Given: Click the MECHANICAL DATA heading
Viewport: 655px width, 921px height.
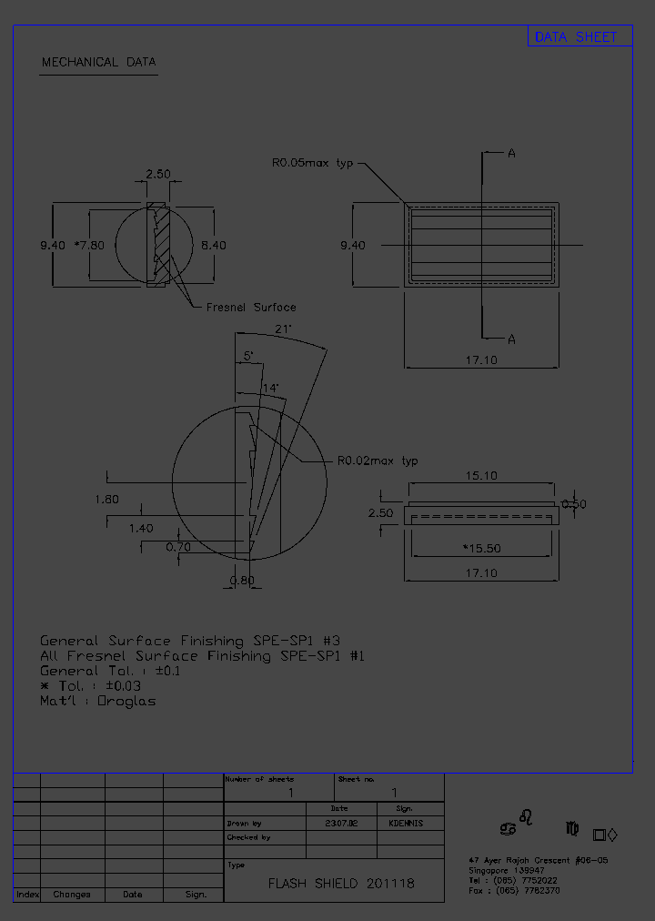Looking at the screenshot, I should point(98,63).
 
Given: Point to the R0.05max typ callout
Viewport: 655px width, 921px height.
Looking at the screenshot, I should point(312,163).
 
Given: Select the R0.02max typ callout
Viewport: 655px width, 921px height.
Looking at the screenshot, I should point(378,461).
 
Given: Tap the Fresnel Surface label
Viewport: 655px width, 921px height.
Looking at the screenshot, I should point(251,308).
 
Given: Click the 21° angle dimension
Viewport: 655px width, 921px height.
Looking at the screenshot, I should point(282,329).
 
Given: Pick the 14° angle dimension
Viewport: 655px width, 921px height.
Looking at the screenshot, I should point(270,388).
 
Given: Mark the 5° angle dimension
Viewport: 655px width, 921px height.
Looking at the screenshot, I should point(248,356).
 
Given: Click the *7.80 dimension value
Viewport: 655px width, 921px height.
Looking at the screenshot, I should point(89,246).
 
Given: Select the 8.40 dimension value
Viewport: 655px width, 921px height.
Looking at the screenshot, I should point(213,246).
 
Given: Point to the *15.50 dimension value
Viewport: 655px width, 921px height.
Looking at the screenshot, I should point(481,549).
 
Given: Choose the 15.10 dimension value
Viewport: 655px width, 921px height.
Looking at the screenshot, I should point(480,475).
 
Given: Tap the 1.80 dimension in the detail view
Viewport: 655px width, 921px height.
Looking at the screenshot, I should point(106,499).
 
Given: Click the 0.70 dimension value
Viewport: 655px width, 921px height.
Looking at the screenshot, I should point(178,547).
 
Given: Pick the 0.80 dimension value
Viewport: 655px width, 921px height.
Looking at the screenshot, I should point(242,581).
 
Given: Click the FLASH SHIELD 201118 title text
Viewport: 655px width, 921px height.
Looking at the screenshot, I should point(341,884).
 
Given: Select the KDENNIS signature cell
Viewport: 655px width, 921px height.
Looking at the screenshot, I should point(405,823).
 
